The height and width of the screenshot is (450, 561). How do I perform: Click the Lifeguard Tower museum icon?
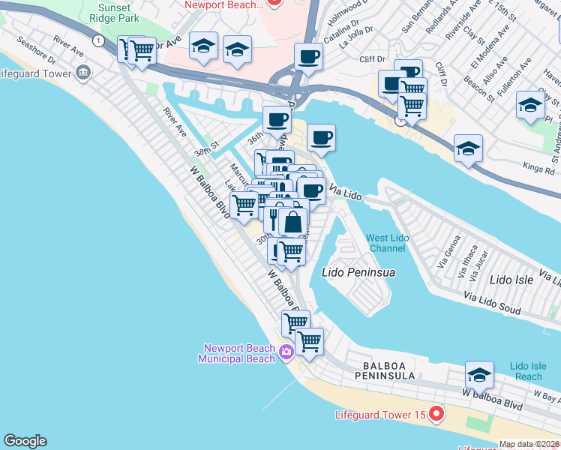coord(82,73)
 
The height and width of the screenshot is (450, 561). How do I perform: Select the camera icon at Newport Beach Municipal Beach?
coord(286,352)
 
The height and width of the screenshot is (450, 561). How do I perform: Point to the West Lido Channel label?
coord(388,243)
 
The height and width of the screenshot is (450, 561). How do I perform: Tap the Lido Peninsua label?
coord(358,272)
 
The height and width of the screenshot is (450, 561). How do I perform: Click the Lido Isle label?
coord(511,280)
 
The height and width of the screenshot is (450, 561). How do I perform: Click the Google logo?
coord(25,441)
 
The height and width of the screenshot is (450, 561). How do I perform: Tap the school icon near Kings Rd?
coord(468,148)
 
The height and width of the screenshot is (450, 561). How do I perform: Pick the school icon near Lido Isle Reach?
coord(479,374)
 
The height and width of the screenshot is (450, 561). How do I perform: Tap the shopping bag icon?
coord(292,222)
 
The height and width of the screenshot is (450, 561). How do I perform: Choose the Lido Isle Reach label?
coord(529,371)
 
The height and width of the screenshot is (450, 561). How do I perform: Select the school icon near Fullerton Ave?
coord(530,104)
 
